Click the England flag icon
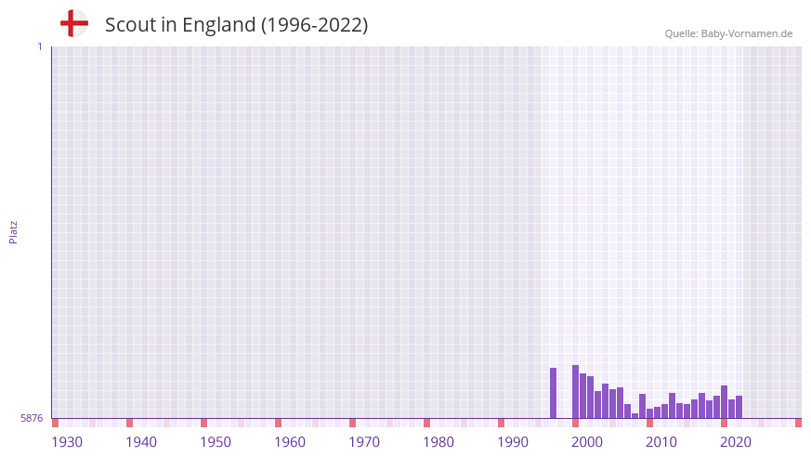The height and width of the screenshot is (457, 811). coord(74,23)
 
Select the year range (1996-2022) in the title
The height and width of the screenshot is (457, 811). coord(315,25)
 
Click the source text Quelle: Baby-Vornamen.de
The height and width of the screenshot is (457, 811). coord(728,33)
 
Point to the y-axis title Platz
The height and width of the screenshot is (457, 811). coord(13,231)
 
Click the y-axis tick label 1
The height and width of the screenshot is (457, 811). coord(39,46)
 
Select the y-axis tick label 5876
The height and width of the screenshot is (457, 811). coord(32,419)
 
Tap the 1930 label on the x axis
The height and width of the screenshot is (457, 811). coord(67,442)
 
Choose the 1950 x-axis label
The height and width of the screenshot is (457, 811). coord(216,442)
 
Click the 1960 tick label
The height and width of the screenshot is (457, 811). coord(290,442)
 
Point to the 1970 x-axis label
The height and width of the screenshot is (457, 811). coord(364,442)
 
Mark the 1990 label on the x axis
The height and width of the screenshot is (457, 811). coord(513,442)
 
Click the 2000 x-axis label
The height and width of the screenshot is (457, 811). coord(587,442)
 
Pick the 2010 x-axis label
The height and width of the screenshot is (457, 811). coord(661,442)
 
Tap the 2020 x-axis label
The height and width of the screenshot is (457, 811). coord(736,442)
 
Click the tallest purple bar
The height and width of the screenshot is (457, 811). coord(575,392)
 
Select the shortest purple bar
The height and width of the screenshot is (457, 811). coord(634,415)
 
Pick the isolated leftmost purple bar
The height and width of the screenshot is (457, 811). coord(553,393)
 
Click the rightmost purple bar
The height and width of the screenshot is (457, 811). coord(739,407)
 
